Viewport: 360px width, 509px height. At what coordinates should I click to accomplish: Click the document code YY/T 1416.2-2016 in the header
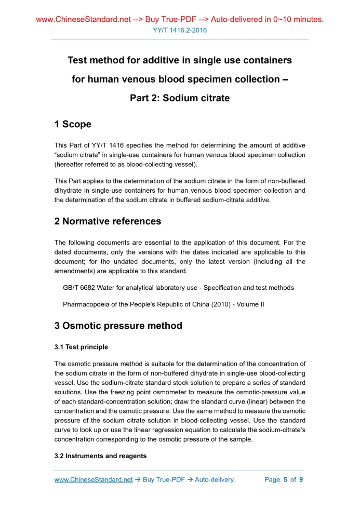[x=180, y=30]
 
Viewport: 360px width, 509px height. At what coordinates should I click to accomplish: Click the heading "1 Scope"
[x=73, y=124]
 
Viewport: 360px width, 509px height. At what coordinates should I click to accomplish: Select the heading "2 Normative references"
[x=108, y=221]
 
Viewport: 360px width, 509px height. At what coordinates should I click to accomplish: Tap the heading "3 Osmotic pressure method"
[x=118, y=326]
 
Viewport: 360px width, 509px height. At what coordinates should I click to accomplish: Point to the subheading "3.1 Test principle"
[x=81, y=346]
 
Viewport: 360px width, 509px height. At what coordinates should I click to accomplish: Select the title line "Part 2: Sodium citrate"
[x=180, y=98]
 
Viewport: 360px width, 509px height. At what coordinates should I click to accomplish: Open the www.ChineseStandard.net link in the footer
[x=94, y=480]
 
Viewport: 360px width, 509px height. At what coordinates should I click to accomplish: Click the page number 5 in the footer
[x=285, y=480]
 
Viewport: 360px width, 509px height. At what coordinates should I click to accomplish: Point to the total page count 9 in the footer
[x=301, y=480]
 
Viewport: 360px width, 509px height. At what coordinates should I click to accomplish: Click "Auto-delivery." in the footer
[x=215, y=480]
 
